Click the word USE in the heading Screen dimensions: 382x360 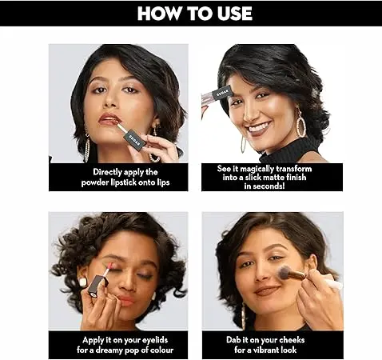click(234, 13)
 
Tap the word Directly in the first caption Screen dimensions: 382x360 click(106, 172)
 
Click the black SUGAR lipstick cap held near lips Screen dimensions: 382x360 click(135, 138)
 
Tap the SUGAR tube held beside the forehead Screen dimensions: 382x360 click(217, 94)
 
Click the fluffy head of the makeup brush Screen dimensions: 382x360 click(284, 272)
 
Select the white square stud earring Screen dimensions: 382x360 click(83, 282)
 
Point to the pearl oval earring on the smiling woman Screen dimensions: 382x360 click(301, 123)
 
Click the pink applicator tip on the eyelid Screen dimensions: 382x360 click(109, 265)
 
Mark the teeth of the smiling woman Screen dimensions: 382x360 click(259, 127)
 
